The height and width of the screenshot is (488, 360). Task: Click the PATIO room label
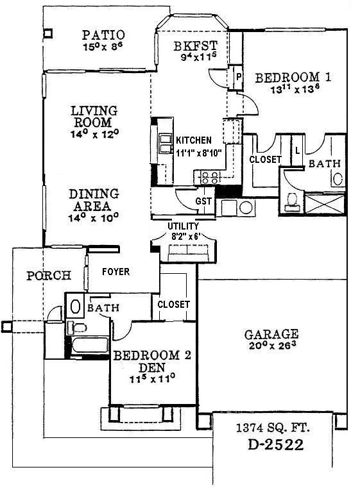click(103, 35)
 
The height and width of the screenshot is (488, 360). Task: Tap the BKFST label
click(195, 46)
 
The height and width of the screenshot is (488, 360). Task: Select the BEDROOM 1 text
click(293, 78)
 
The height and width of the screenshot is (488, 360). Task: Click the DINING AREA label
click(94, 199)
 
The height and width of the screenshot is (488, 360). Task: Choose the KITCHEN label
click(193, 140)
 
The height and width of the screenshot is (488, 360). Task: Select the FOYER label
click(116, 272)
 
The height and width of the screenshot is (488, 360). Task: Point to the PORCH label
click(48, 276)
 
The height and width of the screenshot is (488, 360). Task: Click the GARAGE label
click(271, 334)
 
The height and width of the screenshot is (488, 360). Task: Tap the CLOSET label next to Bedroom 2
click(173, 304)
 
